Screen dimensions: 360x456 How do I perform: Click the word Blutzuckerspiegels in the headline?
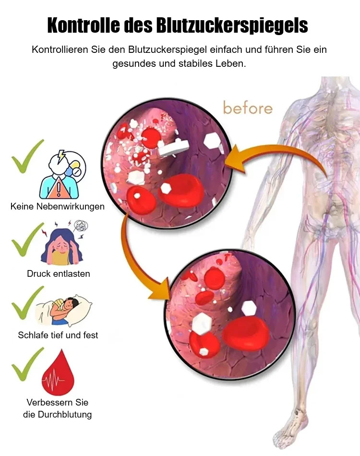tap(232, 25)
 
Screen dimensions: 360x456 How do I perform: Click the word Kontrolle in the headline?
tap(84, 25)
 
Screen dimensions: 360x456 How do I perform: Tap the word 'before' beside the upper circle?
tap(248, 108)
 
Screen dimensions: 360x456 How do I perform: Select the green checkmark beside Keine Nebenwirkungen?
tap(27, 156)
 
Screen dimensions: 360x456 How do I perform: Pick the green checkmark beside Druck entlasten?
tap(27, 239)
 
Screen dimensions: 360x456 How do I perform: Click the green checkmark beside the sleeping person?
tap(27, 303)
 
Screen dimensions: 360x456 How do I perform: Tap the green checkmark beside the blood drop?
tap(27, 364)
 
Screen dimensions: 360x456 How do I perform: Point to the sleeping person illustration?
tap(64, 310)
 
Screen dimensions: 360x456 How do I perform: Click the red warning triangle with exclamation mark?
tap(59, 188)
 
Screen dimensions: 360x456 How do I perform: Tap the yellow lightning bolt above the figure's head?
tap(61, 156)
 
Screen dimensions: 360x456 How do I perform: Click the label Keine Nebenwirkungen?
tap(58, 207)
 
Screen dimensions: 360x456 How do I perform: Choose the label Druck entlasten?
tap(59, 274)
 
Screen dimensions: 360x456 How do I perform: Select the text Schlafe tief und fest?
tap(58, 335)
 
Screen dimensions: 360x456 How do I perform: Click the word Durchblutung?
tap(65, 414)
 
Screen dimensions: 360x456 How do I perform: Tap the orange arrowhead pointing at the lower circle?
tap(160, 289)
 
